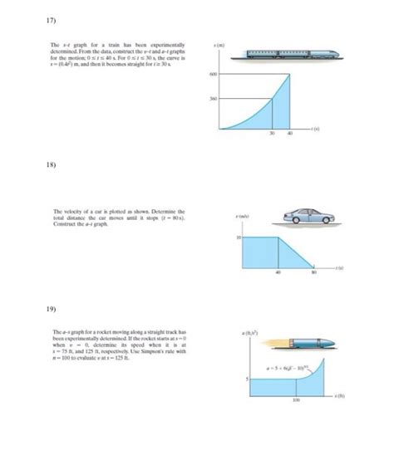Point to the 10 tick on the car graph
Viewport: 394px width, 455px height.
[x=238, y=237]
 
